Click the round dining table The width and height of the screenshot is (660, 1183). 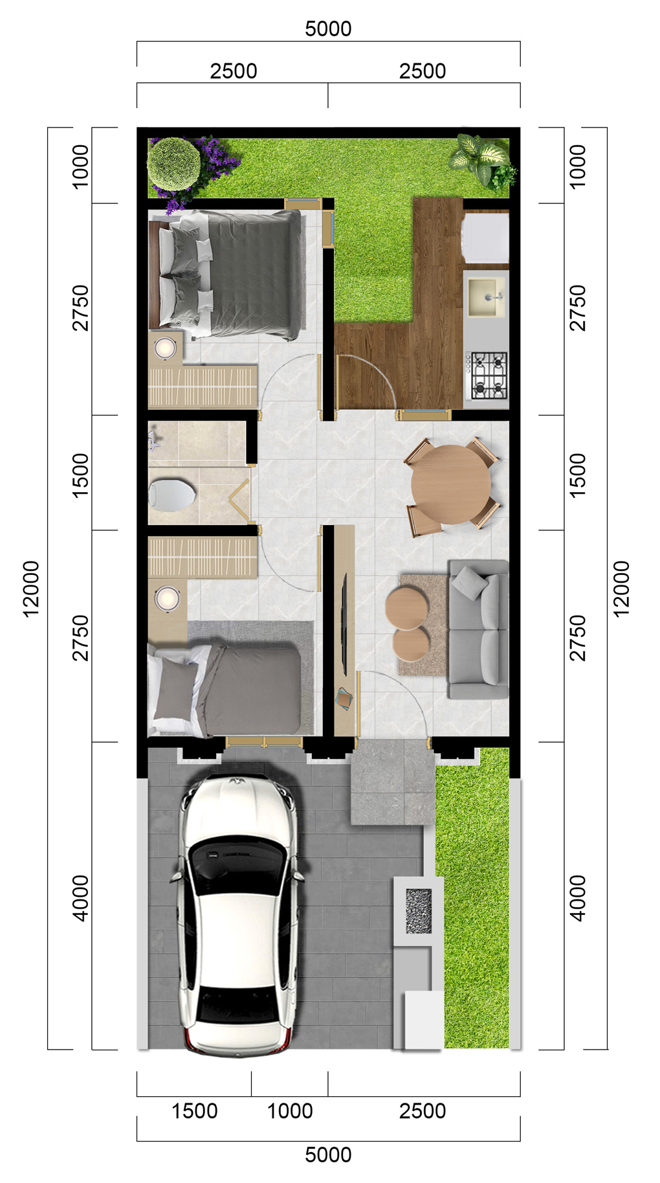coord(451,484)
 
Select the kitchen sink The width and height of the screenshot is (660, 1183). coord(486,297)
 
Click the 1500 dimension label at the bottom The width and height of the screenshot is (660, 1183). coord(194,1111)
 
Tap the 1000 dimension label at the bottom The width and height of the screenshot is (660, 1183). coord(290,1111)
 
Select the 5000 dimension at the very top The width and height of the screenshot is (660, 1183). coord(328,28)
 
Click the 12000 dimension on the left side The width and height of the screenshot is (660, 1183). coord(31,589)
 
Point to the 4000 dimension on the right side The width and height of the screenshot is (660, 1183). coord(577,898)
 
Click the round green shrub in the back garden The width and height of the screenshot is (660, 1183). coord(173,164)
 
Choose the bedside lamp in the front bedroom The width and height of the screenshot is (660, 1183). coord(168,598)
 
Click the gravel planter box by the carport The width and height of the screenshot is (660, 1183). coord(418,911)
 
